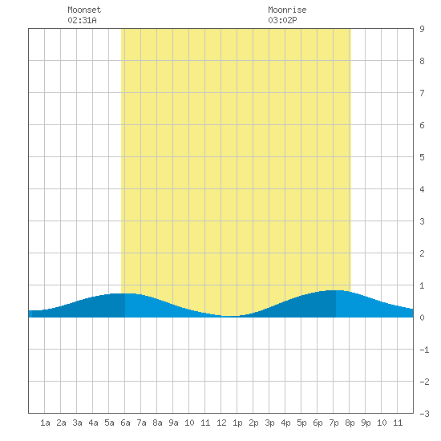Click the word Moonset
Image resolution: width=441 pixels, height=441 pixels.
click(x=84, y=10)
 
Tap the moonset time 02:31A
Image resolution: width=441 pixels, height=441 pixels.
click(x=82, y=20)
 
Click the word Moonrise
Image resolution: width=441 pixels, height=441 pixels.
click(x=287, y=10)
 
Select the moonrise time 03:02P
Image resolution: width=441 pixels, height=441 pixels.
click(x=282, y=20)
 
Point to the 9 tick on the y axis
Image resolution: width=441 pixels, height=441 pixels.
click(x=422, y=29)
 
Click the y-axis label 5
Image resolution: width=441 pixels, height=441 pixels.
click(x=422, y=157)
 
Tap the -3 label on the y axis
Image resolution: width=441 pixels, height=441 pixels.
click(x=424, y=414)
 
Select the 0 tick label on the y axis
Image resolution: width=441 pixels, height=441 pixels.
click(x=422, y=318)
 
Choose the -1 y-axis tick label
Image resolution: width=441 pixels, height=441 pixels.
click(x=424, y=350)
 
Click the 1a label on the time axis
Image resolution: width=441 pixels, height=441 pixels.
click(x=45, y=423)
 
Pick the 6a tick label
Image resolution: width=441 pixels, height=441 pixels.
click(x=125, y=423)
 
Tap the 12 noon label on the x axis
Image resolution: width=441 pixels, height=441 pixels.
click(x=221, y=423)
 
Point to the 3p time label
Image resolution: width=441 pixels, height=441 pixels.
click(x=269, y=423)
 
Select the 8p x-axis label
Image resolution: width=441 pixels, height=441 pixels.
click(x=350, y=423)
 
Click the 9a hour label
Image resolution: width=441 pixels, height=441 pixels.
click(x=173, y=423)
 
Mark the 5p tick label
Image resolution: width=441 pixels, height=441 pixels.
click(x=301, y=423)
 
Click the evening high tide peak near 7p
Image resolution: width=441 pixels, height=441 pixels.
click(x=334, y=290)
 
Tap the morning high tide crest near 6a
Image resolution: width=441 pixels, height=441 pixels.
click(x=125, y=293)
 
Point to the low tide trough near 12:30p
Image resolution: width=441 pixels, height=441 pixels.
click(x=229, y=316)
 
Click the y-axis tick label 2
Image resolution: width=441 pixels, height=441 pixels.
click(x=422, y=253)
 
